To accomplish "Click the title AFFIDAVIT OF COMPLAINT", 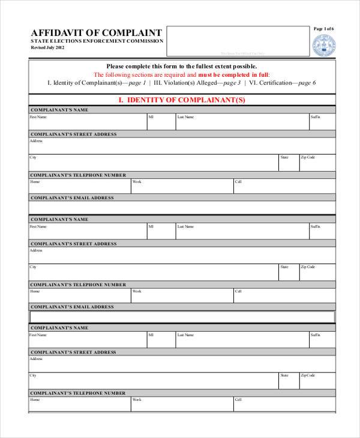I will click(x=96, y=32).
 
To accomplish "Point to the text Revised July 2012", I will click(x=47, y=47).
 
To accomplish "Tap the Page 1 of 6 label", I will click(x=324, y=29).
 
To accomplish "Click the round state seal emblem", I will click(x=324, y=45).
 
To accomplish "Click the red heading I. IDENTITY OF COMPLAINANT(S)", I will click(x=182, y=100).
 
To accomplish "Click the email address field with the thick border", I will click(x=182, y=317).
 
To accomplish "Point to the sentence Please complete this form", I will click(x=182, y=66).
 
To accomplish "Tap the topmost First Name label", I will click(x=38, y=118).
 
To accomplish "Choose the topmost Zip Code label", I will click(x=308, y=157).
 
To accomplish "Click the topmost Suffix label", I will click(x=315, y=118).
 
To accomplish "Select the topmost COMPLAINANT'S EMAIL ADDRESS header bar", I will click(x=182, y=197).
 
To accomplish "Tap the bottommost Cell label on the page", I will click(x=238, y=399).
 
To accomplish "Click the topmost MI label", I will click(x=151, y=118).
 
